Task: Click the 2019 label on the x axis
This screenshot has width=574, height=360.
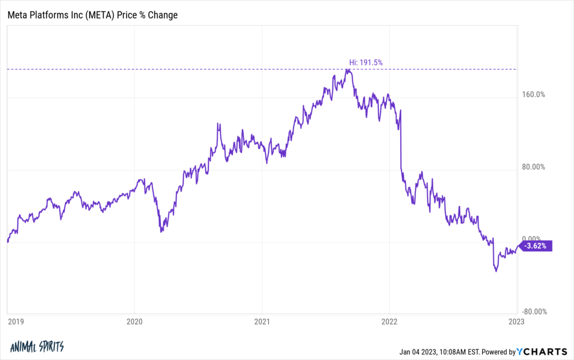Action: point(15,322)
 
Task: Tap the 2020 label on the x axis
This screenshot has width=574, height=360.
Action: point(134,322)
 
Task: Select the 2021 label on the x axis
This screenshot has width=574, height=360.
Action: point(262,322)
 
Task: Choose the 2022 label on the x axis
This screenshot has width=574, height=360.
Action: point(389,322)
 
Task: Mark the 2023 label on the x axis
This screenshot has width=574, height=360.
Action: point(516,322)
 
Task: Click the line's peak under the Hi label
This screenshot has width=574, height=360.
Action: point(349,70)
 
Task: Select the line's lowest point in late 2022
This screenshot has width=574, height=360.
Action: point(496,271)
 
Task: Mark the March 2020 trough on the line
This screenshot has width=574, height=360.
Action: point(160,231)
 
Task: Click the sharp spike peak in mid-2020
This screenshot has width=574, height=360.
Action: point(218,123)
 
